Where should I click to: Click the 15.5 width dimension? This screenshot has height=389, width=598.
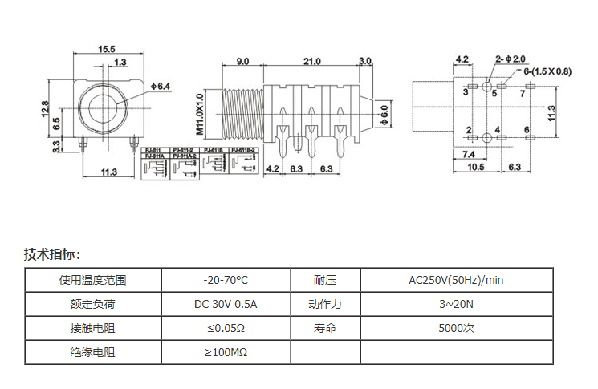pos(107,49)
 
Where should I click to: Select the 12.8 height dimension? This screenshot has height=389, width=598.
pos(47,107)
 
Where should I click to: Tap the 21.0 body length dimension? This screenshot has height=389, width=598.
pos(311,61)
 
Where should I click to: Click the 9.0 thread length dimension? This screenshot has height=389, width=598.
pos(242,61)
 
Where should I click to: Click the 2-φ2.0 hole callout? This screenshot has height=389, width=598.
pos(511,59)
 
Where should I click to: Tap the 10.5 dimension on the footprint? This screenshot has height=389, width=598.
pos(475,167)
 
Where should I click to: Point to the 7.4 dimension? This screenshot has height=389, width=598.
pos(469,153)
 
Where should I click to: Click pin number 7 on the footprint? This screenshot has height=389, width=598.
pos(523,94)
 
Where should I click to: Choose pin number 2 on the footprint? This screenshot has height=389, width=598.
pos(469,130)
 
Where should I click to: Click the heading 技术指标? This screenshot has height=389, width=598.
pos(52,254)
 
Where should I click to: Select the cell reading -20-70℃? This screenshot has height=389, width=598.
pos(226,280)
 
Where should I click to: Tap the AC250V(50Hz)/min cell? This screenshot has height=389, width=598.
pos(456,280)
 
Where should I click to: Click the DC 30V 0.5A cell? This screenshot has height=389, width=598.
pos(226,304)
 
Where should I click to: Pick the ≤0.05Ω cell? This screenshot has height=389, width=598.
pos(226,328)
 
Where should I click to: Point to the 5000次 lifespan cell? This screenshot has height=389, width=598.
pos(456,328)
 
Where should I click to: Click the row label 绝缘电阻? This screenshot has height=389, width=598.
pos(93,352)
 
